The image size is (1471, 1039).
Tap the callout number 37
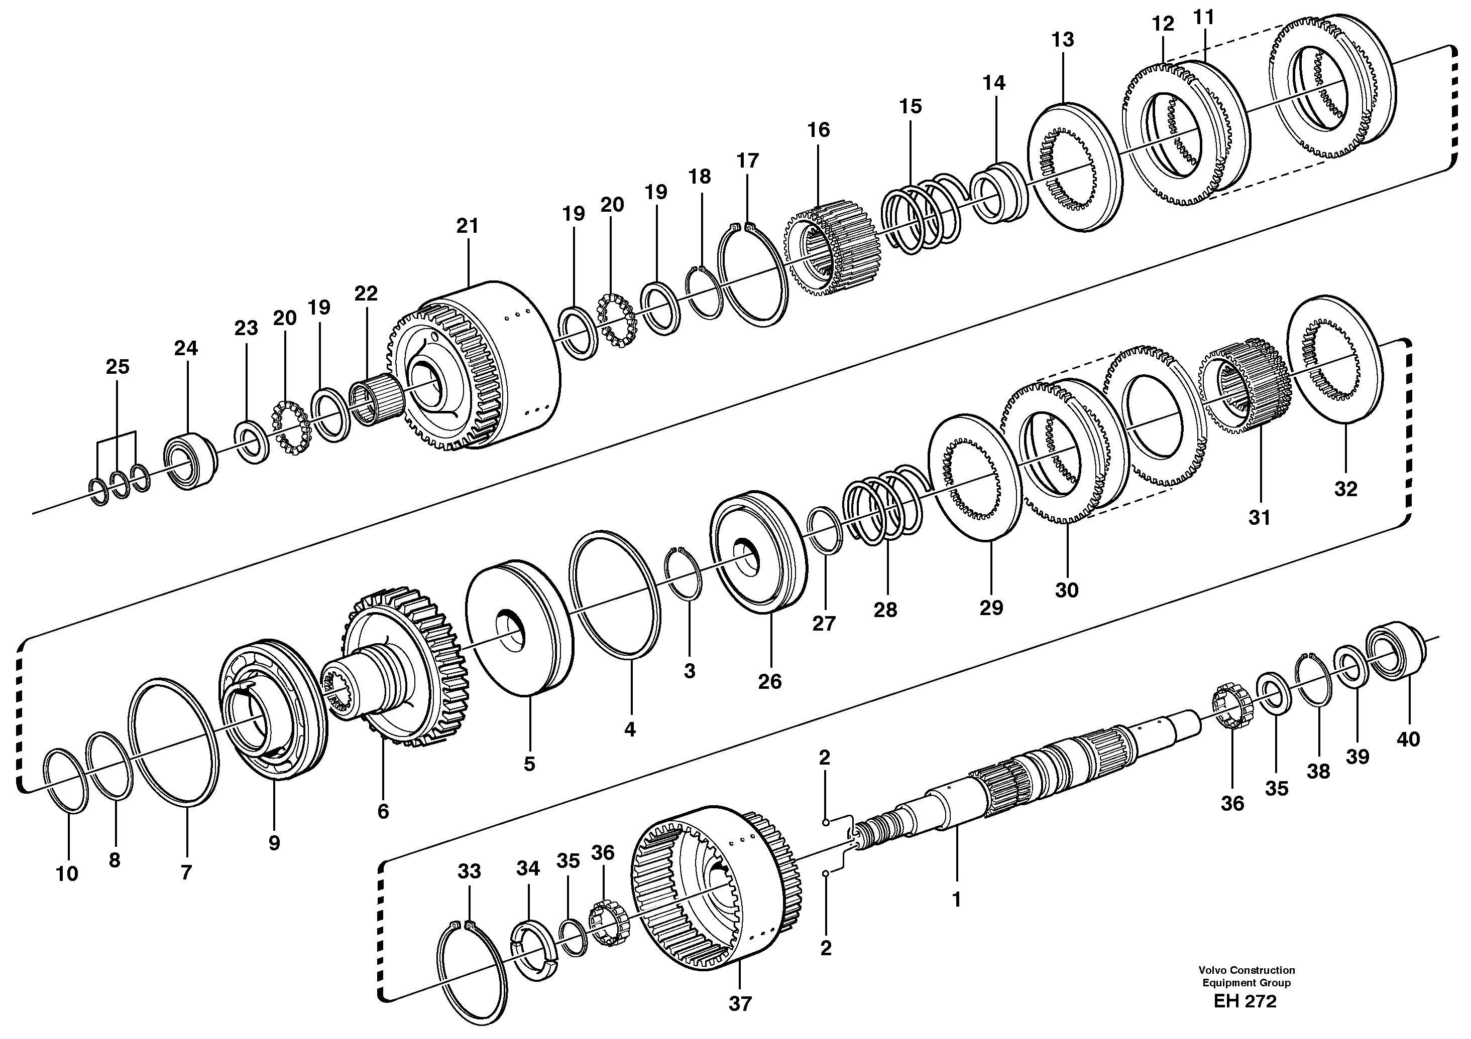click(739, 1004)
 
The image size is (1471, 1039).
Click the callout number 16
click(818, 130)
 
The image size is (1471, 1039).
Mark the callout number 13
click(1062, 40)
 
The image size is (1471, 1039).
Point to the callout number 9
click(274, 844)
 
